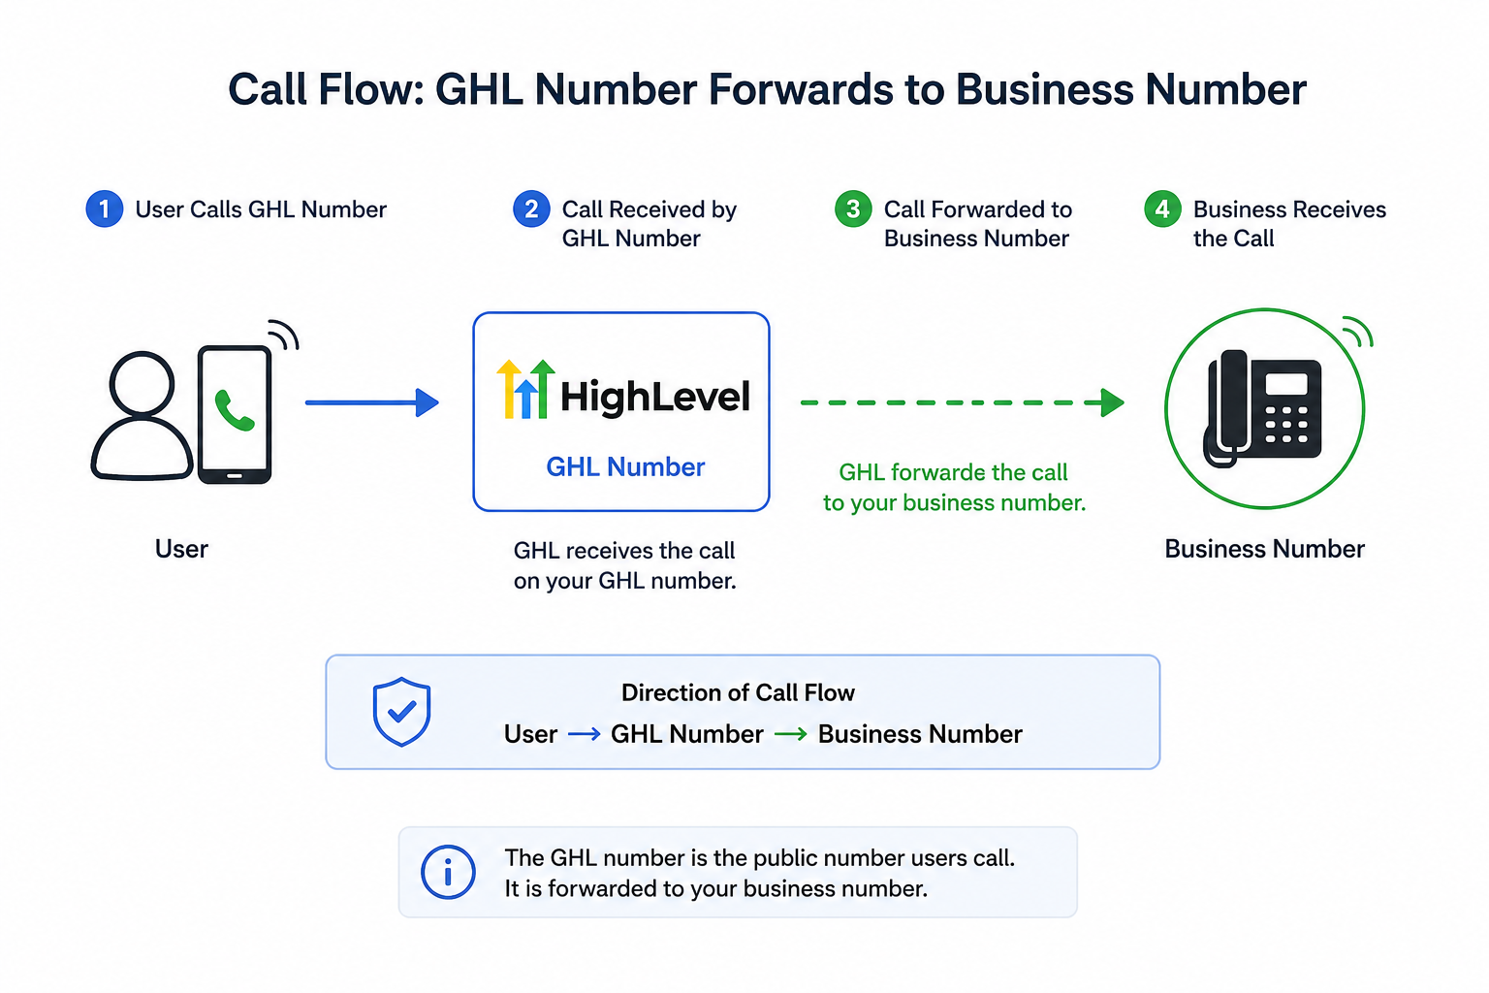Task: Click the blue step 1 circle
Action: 105,208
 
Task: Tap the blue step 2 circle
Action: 531,208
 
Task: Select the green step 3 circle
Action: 853,208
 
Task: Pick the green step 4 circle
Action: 1162,208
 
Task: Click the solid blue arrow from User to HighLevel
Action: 372,402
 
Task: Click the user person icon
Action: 142,416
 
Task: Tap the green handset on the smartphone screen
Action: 234,410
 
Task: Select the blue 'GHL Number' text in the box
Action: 625,466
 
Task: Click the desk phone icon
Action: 1262,408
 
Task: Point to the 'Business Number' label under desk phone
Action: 1264,549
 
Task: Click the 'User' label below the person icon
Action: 181,549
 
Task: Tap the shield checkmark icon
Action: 401,712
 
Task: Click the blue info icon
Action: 448,872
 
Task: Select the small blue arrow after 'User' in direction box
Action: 585,734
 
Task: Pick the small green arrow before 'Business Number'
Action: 791,734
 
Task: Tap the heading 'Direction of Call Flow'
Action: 738,693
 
